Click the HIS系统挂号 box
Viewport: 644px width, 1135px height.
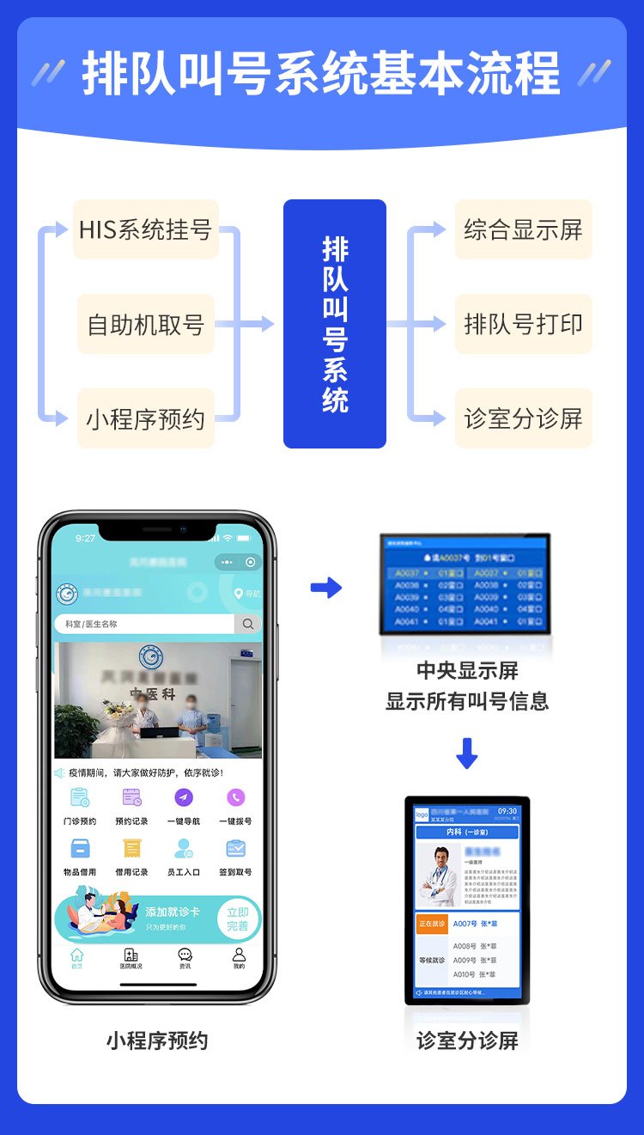[145, 229]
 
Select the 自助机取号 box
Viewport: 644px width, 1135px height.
[145, 324]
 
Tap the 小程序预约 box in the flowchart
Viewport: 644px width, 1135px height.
[145, 418]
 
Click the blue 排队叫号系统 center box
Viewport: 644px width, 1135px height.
[335, 324]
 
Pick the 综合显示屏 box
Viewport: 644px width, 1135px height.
[523, 229]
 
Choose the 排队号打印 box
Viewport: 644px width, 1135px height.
[523, 324]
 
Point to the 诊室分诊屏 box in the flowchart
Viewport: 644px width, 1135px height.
[523, 418]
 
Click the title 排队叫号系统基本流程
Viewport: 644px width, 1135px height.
[321, 73]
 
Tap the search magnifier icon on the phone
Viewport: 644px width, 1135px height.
[248, 624]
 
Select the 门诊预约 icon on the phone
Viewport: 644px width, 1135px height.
[80, 798]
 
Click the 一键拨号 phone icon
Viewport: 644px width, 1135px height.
[235, 798]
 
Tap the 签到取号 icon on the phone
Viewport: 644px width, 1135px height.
[235, 849]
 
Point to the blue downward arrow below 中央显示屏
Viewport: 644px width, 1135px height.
[466, 753]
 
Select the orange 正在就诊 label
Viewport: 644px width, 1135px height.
[432, 924]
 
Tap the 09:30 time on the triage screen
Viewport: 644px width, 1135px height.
[507, 811]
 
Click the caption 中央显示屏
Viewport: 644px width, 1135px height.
[467, 670]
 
